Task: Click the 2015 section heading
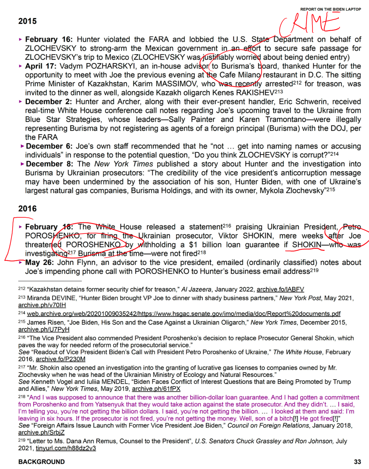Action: pos(27,21)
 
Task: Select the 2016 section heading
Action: pos(27,209)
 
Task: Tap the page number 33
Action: pos(357,462)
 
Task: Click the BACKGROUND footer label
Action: pos(41,462)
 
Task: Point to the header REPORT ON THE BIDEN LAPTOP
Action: pos(330,9)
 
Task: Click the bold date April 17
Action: pos(40,66)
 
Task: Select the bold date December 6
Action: pos(49,146)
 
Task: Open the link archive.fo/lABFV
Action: pos(280,289)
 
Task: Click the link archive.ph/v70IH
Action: pos(42,305)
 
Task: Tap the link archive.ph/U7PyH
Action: pos(44,330)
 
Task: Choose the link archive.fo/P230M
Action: pos(60,359)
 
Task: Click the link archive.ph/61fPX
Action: pos(156,389)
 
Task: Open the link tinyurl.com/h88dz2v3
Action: pos(66,448)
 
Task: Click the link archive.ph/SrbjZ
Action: pos(41,432)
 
